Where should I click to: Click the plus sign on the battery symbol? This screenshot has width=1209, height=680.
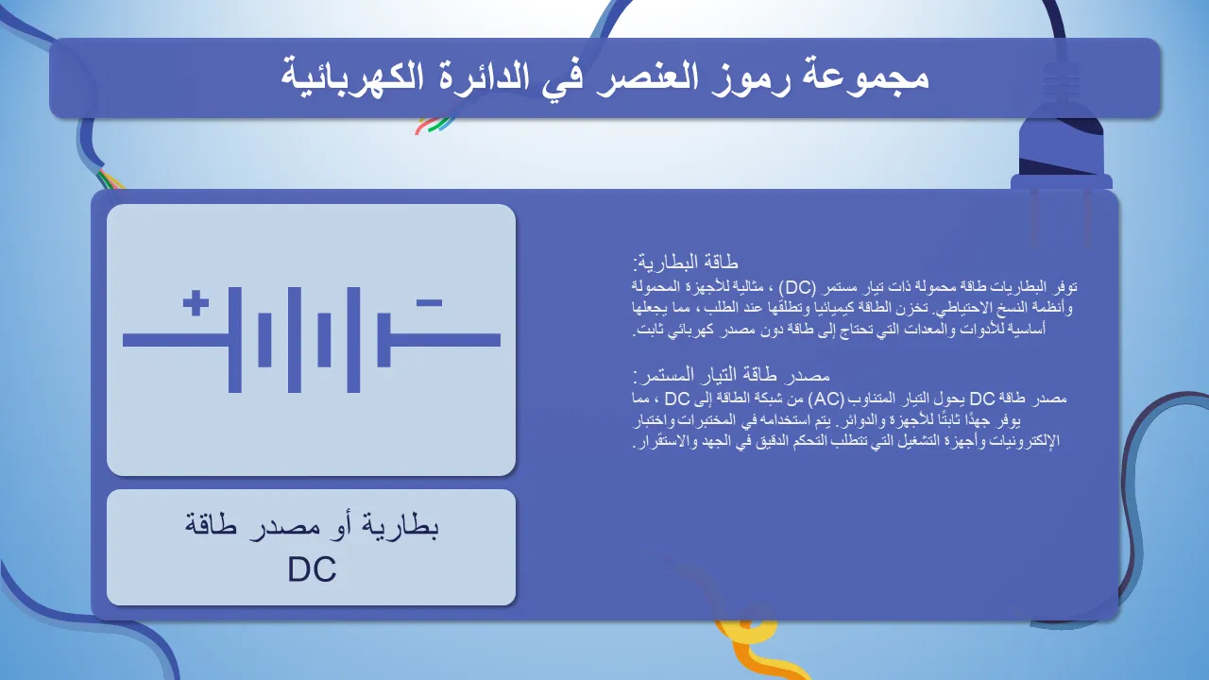coord(196,303)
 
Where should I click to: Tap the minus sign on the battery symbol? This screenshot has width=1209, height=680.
coord(429,303)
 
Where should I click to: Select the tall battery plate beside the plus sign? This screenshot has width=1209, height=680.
coord(235,339)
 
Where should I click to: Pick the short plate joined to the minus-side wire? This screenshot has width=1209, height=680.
coord(383,339)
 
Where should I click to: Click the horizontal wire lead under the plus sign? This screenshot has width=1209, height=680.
coord(176,340)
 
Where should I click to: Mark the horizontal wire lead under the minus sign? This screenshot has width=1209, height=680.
coord(445,340)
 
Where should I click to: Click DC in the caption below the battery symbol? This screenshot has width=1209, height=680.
coord(312,569)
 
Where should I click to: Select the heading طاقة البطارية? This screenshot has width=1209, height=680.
coord(686,263)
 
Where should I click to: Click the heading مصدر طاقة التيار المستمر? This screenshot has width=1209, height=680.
coord(731,375)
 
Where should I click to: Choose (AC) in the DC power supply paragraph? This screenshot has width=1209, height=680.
coord(826,399)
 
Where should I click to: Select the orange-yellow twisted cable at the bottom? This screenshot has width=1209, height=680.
coord(761,651)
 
